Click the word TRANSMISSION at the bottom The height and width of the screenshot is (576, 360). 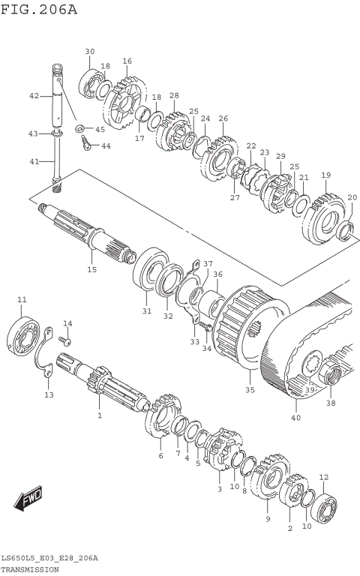(x=30, y=570)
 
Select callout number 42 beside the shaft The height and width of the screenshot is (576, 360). (x=34, y=96)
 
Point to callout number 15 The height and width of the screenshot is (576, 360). (x=91, y=269)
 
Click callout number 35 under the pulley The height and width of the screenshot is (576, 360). (x=250, y=390)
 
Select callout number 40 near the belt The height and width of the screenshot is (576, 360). (x=295, y=418)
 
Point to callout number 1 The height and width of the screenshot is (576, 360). (x=98, y=415)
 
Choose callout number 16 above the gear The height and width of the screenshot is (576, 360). (x=127, y=61)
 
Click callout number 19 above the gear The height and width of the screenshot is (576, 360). (x=325, y=175)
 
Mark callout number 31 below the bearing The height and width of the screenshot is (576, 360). (x=146, y=311)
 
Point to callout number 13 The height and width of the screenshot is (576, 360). (x=48, y=395)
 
